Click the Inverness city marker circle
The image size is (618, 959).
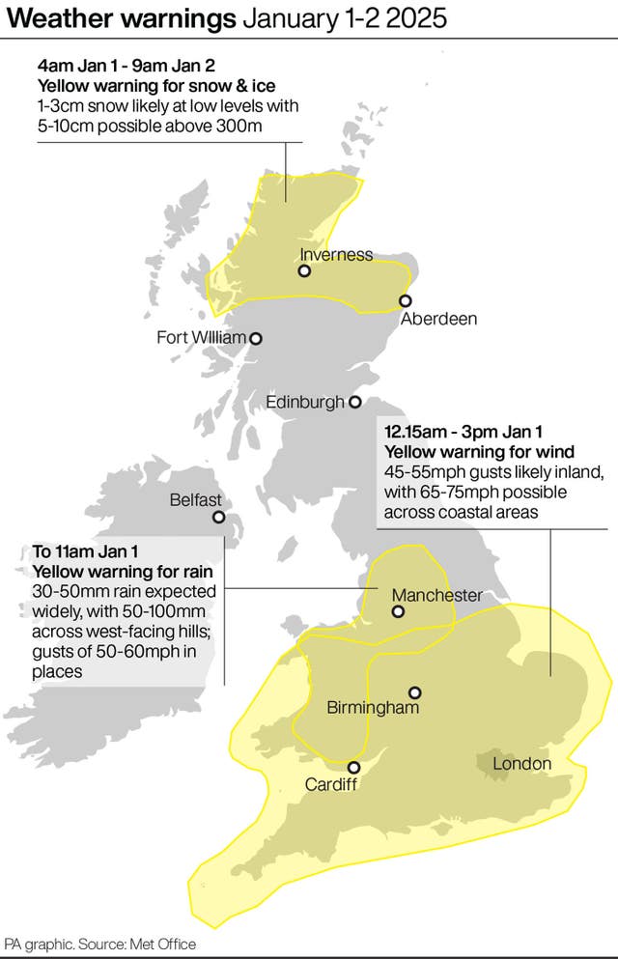point(304,271)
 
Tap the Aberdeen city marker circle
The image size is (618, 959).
point(406,300)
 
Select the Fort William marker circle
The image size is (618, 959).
point(256,338)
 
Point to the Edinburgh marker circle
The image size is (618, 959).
point(354,402)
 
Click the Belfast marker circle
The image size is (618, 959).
point(219,517)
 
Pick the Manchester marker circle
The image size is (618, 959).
point(398,611)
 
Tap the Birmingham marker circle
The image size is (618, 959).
point(414,691)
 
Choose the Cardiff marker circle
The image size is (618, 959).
point(353,767)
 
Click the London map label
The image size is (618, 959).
point(521,764)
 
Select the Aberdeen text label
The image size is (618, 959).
point(438,319)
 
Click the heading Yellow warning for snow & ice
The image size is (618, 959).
point(133,85)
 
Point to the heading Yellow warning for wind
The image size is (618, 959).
point(480,452)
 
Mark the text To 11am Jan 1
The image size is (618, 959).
point(86,551)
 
